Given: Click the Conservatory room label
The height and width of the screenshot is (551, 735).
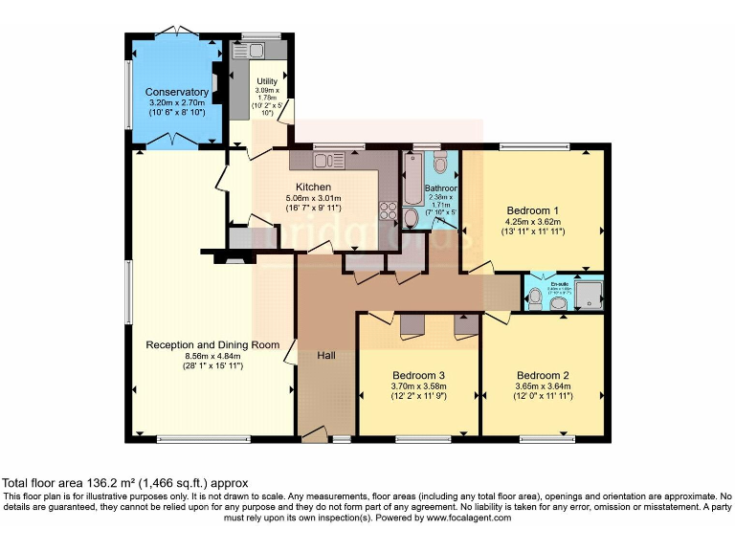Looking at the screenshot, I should (178, 92).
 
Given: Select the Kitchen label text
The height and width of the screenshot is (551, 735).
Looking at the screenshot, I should (313, 187).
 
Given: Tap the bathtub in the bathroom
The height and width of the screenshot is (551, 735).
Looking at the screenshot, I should (411, 183).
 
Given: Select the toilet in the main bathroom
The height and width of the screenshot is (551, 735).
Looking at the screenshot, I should (411, 219).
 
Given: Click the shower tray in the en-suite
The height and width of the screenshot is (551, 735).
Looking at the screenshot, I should (590, 295).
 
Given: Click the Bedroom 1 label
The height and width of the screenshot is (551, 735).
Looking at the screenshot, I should (532, 210).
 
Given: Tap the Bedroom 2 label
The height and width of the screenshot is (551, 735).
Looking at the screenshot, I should (543, 375).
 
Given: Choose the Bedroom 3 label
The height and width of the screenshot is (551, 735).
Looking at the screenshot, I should (418, 375).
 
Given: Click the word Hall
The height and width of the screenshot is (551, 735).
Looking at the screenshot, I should (325, 356).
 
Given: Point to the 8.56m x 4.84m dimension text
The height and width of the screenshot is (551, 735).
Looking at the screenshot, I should (212, 355).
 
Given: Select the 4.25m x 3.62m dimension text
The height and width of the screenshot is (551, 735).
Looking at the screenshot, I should (532, 221).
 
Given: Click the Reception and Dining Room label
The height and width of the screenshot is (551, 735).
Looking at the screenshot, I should (212, 344).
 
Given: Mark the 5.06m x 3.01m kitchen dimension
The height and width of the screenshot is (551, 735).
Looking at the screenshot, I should (313, 198).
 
